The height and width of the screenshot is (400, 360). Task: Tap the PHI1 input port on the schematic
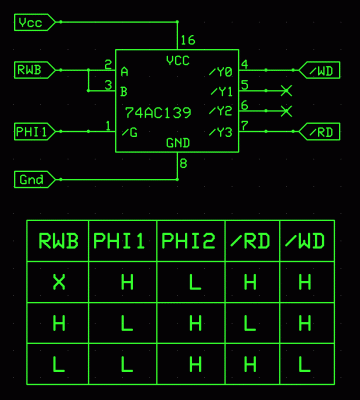pyautogui.click(x=33, y=131)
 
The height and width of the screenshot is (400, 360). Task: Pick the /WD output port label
pyautogui.click(x=320, y=70)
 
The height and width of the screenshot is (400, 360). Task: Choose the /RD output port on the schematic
pyautogui.click(x=320, y=131)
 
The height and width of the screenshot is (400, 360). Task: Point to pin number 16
pyautogui.click(x=186, y=41)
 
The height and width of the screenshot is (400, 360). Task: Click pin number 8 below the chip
pyautogui.click(x=183, y=162)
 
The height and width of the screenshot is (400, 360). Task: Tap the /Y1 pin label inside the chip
pyautogui.click(x=220, y=91)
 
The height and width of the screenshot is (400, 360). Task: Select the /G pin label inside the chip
pyautogui.click(x=128, y=132)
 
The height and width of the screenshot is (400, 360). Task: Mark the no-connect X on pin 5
pyautogui.click(x=286, y=91)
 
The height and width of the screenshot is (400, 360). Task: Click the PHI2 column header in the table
pyautogui.click(x=190, y=241)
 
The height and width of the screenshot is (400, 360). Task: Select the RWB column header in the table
pyautogui.click(x=58, y=241)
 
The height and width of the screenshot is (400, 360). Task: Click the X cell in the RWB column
pyautogui.click(x=58, y=283)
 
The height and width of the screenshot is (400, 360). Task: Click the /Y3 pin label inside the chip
pyautogui.click(x=220, y=132)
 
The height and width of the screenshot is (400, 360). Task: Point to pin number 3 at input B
pyautogui.click(x=108, y=84)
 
